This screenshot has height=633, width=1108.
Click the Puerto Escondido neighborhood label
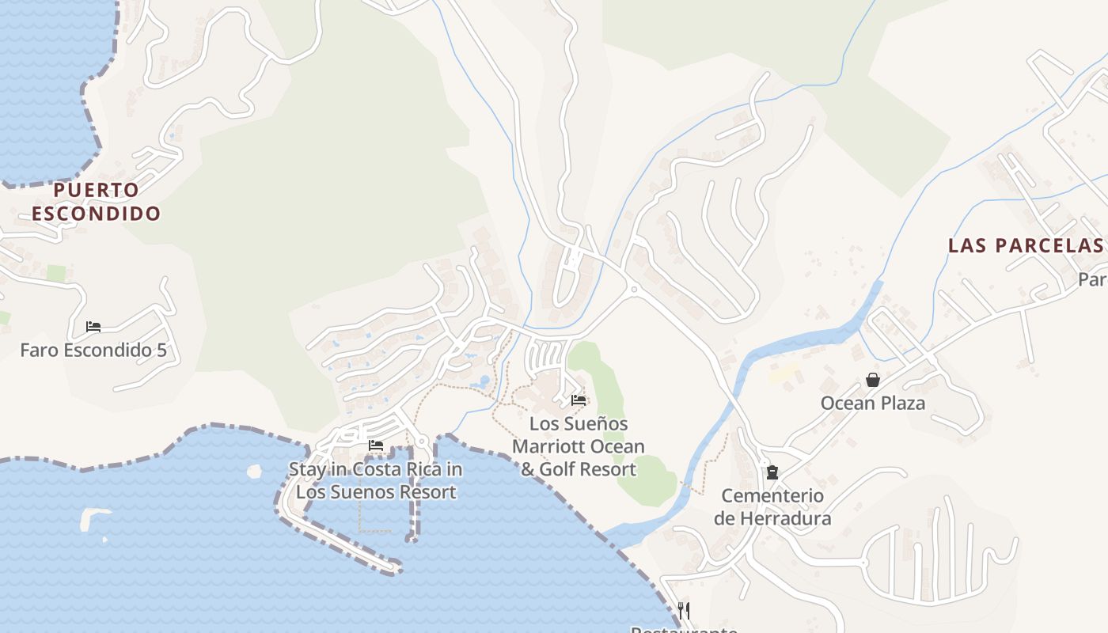(x=96, y=202)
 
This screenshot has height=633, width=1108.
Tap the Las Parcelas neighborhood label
(x=1025, y=245)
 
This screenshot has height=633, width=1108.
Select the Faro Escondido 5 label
(x=93, y=350)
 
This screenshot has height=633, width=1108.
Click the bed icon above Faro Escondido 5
(x=93, y=326)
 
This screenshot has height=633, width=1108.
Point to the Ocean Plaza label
(x=872, y=404)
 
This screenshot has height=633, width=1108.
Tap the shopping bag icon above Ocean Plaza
(x=872, y=380)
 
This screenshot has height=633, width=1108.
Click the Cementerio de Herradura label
(x=772, y=507)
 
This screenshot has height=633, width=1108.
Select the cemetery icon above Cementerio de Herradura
(x=772, y=472)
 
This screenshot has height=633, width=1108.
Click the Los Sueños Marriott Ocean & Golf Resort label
(x=578, y=447)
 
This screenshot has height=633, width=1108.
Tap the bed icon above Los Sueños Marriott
(x=579, y=400)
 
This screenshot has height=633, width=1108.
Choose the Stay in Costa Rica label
(x=375, y=480)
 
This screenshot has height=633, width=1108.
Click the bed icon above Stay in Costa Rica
(x=376, y=445)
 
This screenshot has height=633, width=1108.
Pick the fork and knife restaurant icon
(x=684, y=610)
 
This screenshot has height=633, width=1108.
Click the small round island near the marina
(x=254, y=472)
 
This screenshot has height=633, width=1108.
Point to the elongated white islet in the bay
(x=93, y=517)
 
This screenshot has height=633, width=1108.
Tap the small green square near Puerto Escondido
(x=55, y=274)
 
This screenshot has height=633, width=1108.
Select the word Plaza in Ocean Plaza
(x=901, y=404)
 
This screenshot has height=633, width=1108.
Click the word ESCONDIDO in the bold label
(x=96, y=214)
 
